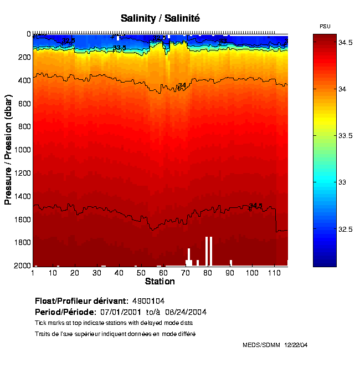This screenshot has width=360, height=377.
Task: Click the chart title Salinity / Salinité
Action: tap(160, 18)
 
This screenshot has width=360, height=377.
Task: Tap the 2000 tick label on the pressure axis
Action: tap(21, 266)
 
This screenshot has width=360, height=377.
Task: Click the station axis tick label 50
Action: tap(141, 273)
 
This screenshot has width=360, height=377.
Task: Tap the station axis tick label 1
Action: tap(34, 273)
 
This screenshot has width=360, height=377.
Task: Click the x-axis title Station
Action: tap(160, 282)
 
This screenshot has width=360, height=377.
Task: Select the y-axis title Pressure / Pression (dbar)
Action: tap(8, 150)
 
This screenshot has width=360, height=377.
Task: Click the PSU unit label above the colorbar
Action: tap(325, 26)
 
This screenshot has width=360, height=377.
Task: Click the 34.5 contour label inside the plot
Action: tap(255, 206)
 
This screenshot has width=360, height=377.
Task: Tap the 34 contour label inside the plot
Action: tap(182, 85)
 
